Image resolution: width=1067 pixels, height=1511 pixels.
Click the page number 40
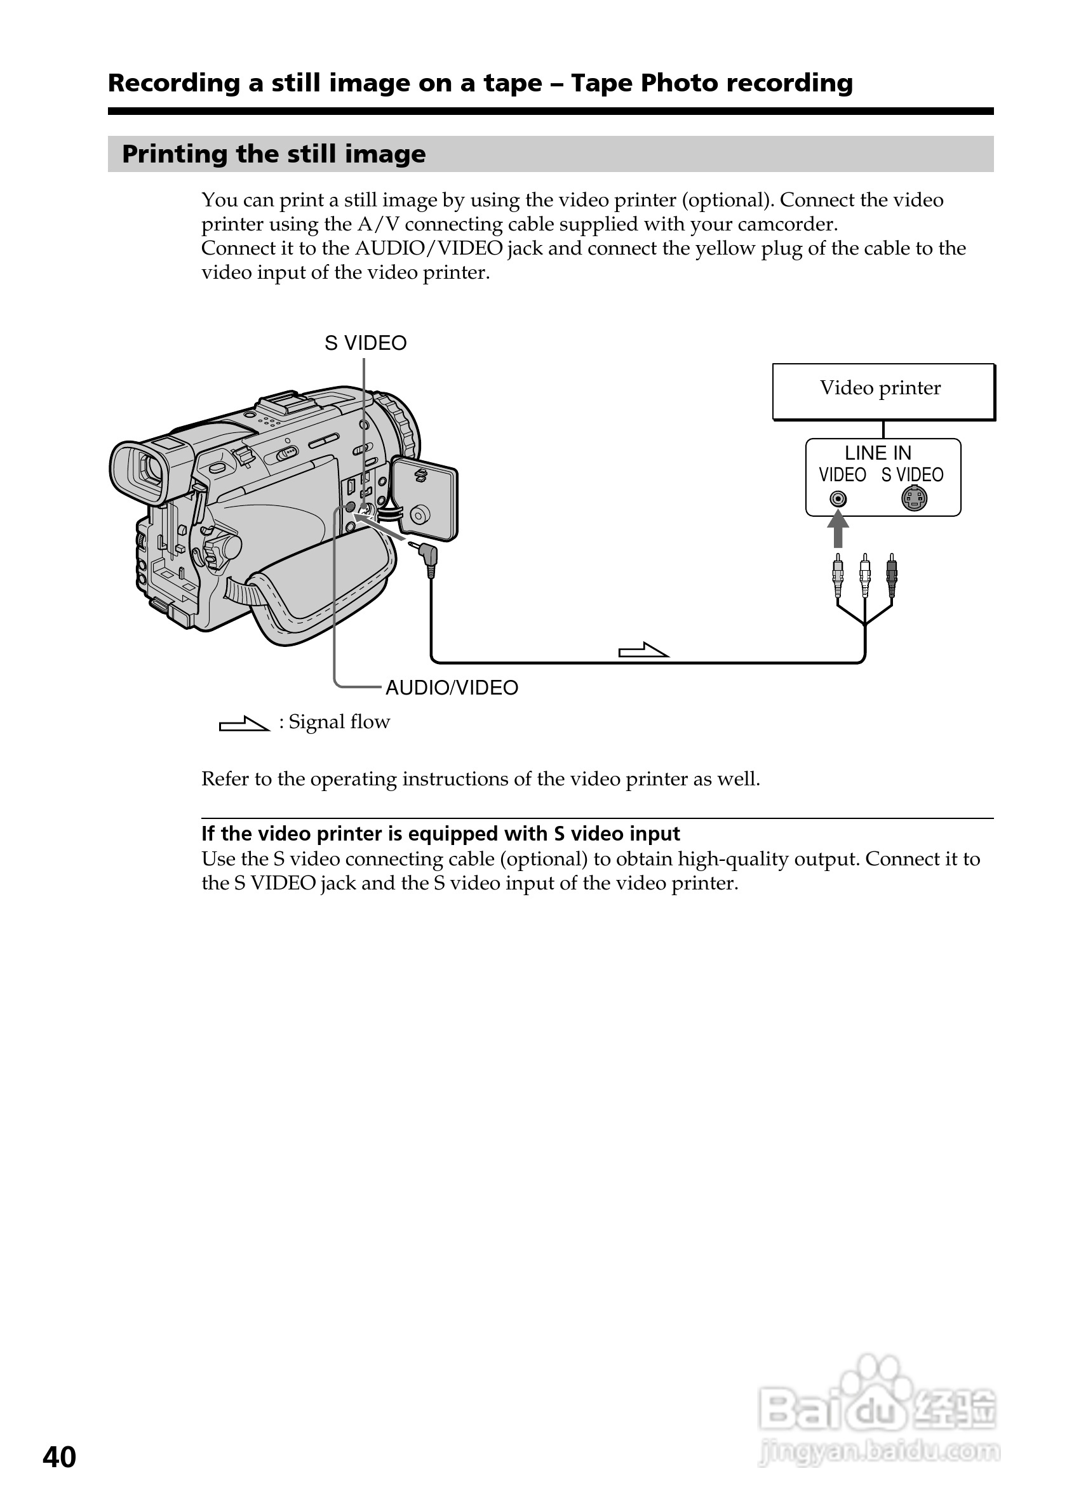(x=59, y=1457)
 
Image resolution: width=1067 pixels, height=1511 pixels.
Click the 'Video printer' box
(x=882, y=391)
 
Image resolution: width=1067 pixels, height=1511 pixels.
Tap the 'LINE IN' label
(x=878, y=453)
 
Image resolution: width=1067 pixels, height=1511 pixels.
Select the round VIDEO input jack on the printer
(x=837, y=499)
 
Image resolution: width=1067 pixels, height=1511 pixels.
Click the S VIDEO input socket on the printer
(x=914, y=498)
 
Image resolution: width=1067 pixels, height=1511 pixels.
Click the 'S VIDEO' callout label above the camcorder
(x=365, y=343)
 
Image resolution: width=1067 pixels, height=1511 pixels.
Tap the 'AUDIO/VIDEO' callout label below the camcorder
(x=452, y=688)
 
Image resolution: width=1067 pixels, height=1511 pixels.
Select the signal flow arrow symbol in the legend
(x=243, y=724)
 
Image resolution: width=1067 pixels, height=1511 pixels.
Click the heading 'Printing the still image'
(x=274, y=154)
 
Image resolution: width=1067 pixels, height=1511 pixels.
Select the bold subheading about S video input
(x=440, y=834)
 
